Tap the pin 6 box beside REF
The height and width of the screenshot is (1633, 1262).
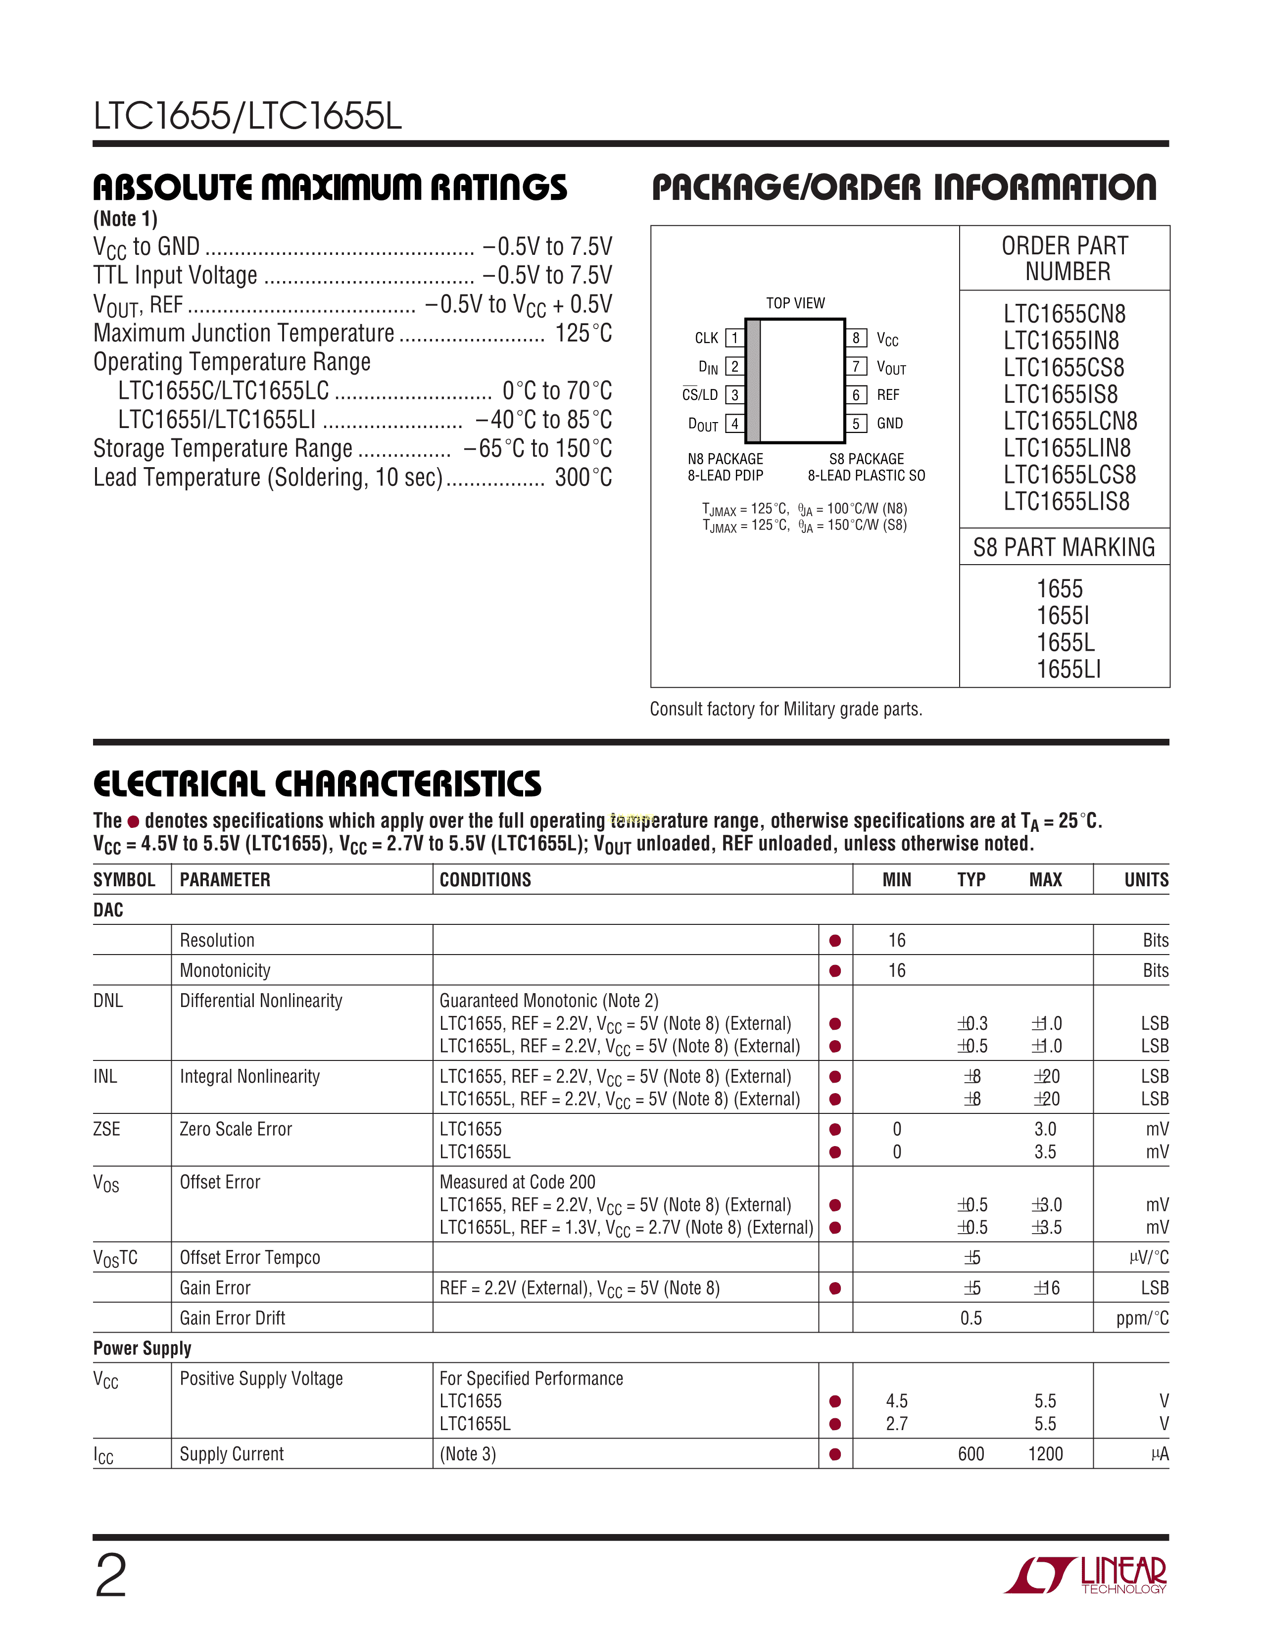[856, 395]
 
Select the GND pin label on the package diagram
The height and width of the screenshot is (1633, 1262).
[890, 423]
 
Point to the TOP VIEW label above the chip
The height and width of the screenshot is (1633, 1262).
[795, 303]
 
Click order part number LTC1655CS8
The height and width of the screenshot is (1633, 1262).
[1064, 368]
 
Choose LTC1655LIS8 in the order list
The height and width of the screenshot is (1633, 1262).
[1066, 502]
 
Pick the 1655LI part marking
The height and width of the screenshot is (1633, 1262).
[1068, 669]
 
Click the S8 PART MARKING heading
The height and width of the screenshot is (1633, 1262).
[1064, 547]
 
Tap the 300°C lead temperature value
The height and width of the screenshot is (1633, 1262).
[583, 477]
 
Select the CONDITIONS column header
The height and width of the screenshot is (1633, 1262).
[485, 880]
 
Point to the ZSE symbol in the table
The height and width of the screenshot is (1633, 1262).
[107, 1129]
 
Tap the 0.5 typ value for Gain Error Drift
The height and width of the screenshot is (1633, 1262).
[971, 1318]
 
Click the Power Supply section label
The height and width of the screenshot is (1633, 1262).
[142, 1348]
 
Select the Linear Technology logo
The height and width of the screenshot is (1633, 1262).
[1085, 1576]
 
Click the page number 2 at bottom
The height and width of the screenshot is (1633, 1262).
[111, 1576]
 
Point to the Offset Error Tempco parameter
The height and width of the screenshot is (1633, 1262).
[250, 1257]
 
